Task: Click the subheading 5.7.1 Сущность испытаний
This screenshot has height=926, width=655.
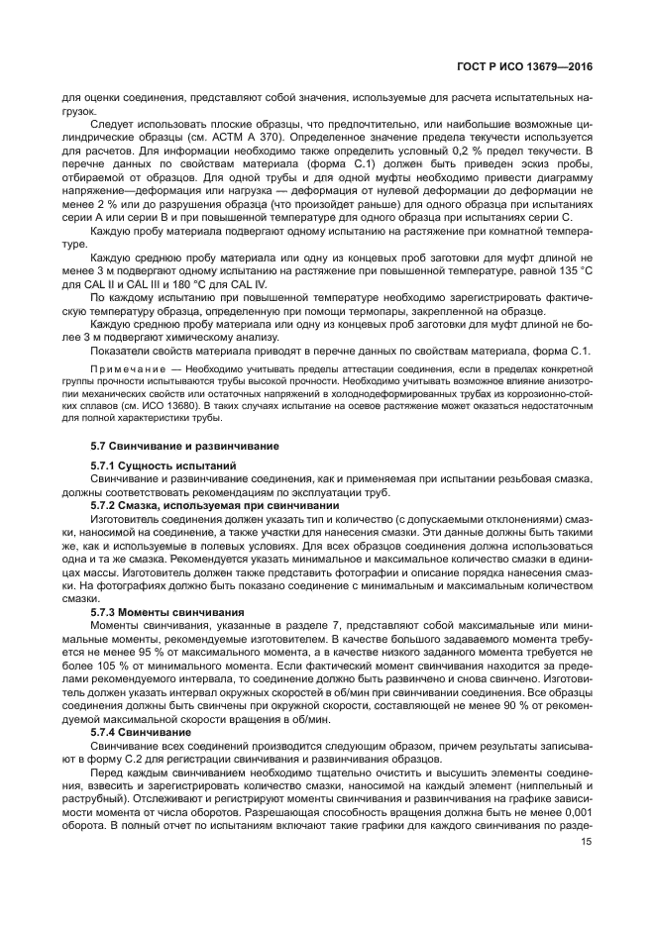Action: coord(164,465)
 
